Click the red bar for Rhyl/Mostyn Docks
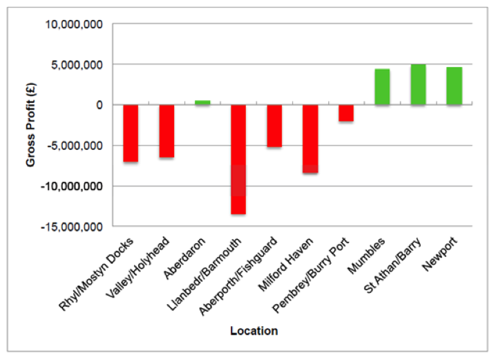131,133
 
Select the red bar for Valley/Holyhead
166,131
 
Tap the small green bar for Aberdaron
202,103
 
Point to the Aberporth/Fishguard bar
274,126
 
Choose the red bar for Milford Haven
310,138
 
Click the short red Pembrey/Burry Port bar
346,113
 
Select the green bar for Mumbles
382,87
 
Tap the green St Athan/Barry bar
418,84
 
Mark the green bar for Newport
454,86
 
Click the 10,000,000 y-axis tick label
74,25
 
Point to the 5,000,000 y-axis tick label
77,65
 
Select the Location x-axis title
254,331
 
